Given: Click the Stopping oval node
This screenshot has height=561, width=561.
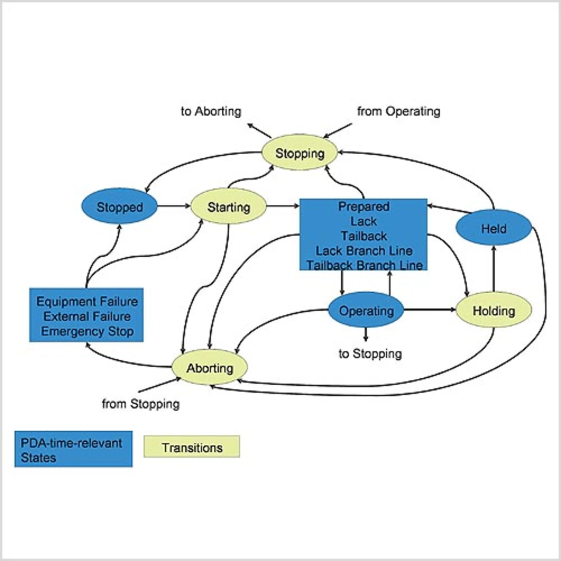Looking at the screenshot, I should click(300, 153).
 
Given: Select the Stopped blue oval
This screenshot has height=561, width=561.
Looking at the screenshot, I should click(120, 206).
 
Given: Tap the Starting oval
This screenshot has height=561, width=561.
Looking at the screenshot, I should click(228, 206).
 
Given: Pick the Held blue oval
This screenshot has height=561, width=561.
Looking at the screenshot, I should click(494, 228).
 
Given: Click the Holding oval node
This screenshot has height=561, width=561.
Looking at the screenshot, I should click(494, 310).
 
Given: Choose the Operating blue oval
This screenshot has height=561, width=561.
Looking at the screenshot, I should click(366, 310).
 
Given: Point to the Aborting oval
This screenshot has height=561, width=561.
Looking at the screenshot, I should click(209, 367).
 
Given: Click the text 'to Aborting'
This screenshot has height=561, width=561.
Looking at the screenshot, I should click(211, 111).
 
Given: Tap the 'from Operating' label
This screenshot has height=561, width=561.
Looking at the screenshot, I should click(398, 111).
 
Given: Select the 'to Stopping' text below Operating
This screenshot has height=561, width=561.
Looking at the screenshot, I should click(370, 353).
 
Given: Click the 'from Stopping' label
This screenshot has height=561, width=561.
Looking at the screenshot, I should click(141, 403).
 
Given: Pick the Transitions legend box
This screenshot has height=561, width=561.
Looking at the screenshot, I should click(192, 447).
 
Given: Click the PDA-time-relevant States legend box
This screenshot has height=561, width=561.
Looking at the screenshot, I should click(73, 450).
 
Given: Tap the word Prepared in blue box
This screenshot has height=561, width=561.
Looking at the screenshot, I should click(364, 206).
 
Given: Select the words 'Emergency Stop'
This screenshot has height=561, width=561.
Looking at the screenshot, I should click(87, 331).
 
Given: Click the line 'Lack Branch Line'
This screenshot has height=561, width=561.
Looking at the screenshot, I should click(364, 251).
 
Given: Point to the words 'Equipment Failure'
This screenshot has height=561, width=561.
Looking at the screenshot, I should click(87, 302).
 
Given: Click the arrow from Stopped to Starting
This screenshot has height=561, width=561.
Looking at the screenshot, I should click(174, 206).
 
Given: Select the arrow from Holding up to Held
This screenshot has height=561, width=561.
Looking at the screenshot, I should click(494, 268).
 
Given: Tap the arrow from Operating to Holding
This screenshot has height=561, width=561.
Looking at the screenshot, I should click(430, 310).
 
